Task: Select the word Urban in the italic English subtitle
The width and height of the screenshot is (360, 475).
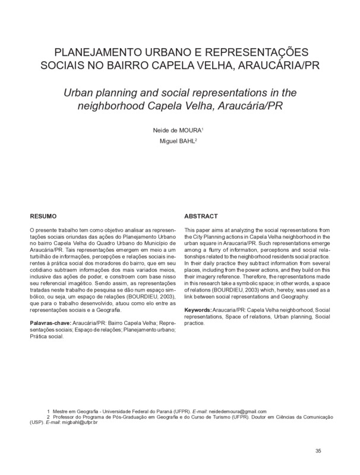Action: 78,93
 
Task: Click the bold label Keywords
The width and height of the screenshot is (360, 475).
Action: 201,311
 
